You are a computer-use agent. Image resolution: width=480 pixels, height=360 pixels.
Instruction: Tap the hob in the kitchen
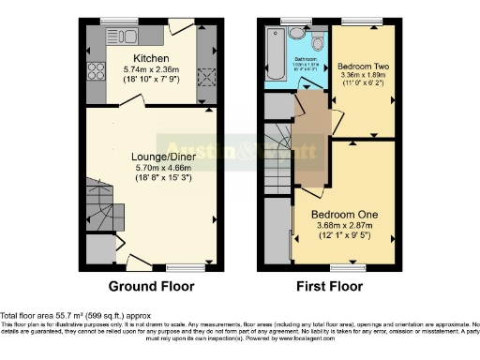pos(95,71)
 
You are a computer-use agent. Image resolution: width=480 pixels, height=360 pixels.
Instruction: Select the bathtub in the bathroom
pos(273,55)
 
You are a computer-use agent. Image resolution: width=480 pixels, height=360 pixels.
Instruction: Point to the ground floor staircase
pos(101,208)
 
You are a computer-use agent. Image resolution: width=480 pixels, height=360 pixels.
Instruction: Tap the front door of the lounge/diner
pos(138,263)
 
